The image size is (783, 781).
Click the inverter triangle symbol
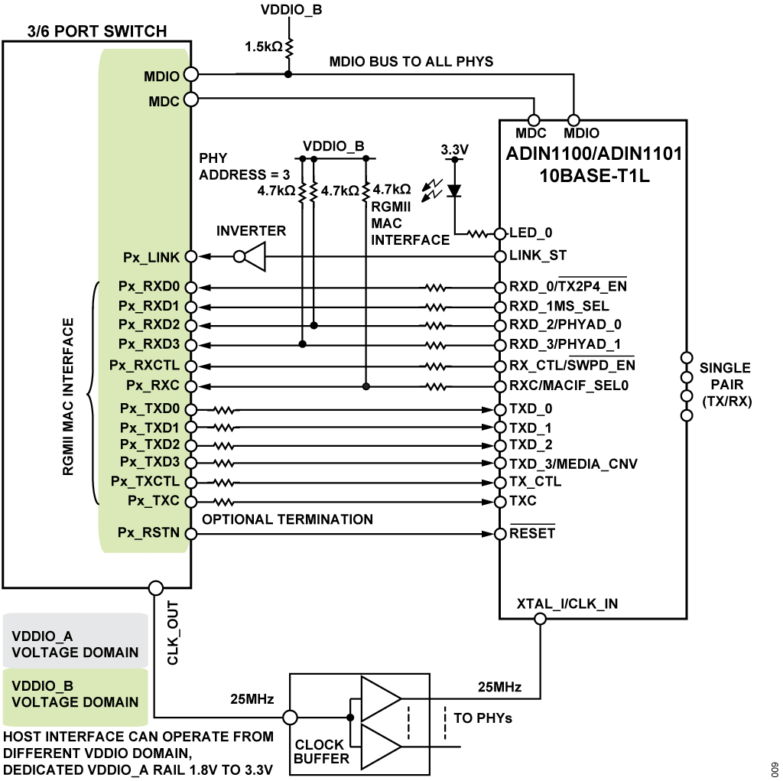click(x=254, y=256)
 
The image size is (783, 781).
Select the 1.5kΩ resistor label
click(x=263, y=47)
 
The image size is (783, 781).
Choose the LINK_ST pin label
click(x=538, y=255)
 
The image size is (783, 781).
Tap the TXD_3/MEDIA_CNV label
click(x=573, y=464)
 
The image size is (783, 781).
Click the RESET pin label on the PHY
click(x=532, y=533)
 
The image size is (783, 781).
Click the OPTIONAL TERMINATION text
click(x=288, y=519)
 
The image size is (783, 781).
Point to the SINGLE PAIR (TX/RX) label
click(x=725, y=385)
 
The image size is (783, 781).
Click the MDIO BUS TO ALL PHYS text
click(x=411, y=61)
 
